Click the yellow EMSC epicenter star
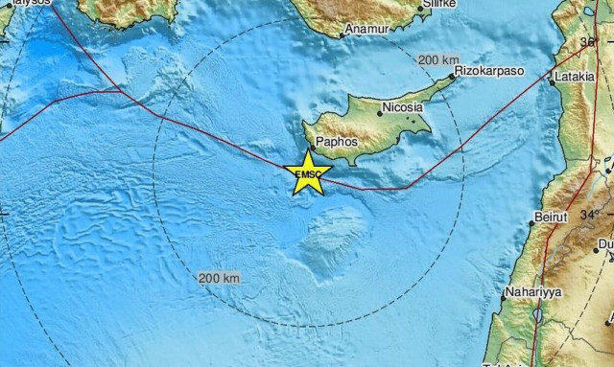(x=308, y=173)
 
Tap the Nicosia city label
(x=402, y=108)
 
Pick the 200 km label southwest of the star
(x=219, y=278)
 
